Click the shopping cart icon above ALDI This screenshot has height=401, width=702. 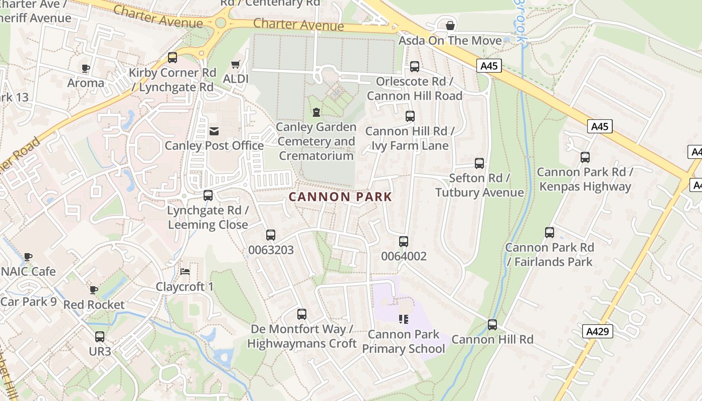235,65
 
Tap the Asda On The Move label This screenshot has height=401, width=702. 450,41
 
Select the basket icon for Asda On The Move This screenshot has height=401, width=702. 450,25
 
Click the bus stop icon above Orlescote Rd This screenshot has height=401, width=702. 415,66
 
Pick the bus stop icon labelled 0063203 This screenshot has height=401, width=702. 271,235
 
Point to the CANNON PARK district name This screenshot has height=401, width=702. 340,196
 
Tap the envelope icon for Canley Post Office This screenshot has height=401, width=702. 214,131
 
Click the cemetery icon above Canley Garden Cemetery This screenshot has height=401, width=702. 316,112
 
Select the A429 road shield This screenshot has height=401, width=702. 598,331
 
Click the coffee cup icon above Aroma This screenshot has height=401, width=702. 86,68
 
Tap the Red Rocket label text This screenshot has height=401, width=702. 94,305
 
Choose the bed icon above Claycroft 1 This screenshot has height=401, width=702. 185,272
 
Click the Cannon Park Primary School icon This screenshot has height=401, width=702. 404,319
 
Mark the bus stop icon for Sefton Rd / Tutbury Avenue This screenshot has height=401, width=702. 479,163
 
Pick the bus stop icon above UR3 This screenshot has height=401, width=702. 100,337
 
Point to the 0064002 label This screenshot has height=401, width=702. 404,257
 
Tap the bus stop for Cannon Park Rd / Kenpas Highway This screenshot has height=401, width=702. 585,157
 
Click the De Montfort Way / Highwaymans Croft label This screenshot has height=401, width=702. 302,336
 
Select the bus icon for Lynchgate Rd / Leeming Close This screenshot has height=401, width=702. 208,195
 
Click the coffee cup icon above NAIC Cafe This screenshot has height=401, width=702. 28,257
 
